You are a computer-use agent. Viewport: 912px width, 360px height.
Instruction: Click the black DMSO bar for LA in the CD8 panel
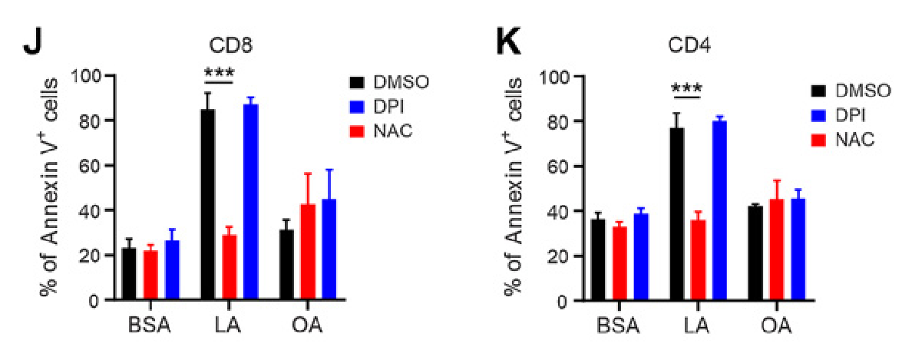(x=207, y=204)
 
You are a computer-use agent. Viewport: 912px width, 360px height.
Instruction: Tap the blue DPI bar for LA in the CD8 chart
(x=251, y=203)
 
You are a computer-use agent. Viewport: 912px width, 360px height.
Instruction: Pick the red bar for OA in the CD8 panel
(x=309, y=253)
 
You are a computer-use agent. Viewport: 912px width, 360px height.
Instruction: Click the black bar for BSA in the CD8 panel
(x=128, y=274)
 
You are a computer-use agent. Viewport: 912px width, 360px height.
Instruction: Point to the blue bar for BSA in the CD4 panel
(x=640, y=257)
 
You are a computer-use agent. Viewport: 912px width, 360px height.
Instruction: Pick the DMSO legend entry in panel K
(x=851, y=90)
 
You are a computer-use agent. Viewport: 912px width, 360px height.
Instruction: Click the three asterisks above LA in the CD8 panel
(x=219, y=74)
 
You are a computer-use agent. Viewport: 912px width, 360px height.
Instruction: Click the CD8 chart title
(x=230, y=45)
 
